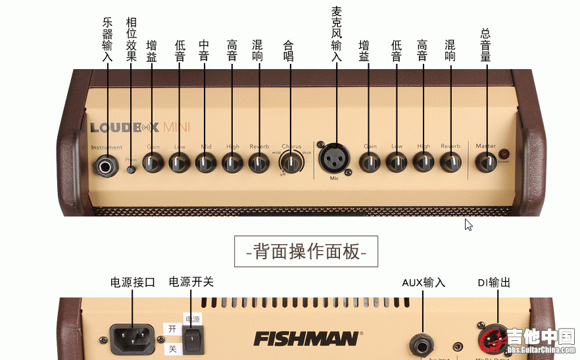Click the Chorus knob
click(x=290, y=161)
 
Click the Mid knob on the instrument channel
click(x=205, y=161)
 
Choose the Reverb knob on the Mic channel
click(x=450, y=161)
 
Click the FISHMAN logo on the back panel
click(x=306, y=339)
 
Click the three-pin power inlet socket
click(x=131, y=339)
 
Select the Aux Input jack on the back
click(x=421, y=343)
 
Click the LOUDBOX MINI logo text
click(x=139, y=127)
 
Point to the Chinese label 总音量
click(x=486, y=45)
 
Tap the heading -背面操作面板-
click(x=306, y=251)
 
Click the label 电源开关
click(x=191, y=282)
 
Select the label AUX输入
click(x=423, y=282)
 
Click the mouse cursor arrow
click(x=468, y=224)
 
